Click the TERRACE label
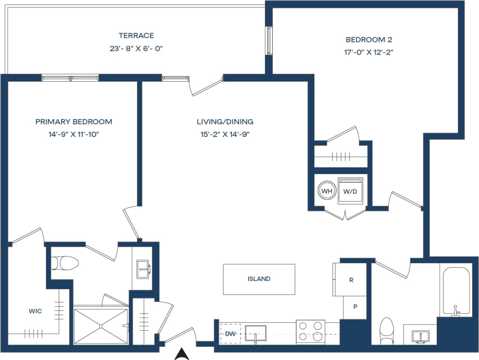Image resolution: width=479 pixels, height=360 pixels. click(136, 35)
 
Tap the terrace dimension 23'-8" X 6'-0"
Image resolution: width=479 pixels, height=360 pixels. click(136, 49)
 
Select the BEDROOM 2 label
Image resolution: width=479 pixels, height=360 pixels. click(369, 39)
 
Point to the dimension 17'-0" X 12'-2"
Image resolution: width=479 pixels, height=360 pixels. click(369, 52)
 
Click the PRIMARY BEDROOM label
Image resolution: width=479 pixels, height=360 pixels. click(74, 122)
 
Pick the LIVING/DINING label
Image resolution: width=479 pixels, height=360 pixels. click(225, 122)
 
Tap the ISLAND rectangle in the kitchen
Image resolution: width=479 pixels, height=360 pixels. click(259, 279)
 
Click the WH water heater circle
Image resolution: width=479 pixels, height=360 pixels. click(326, 192)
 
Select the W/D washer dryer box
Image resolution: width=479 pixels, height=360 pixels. click(351, 192)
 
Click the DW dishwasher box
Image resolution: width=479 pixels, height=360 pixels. click(230, 334)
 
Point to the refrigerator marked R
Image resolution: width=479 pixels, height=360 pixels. click(351, 280)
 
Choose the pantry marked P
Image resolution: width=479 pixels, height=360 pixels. click(355, 307)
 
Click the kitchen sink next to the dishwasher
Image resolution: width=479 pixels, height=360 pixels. click(256, 334)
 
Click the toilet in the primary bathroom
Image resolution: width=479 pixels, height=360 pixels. click(66, 263)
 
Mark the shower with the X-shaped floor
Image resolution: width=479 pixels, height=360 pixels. click(101, 326)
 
